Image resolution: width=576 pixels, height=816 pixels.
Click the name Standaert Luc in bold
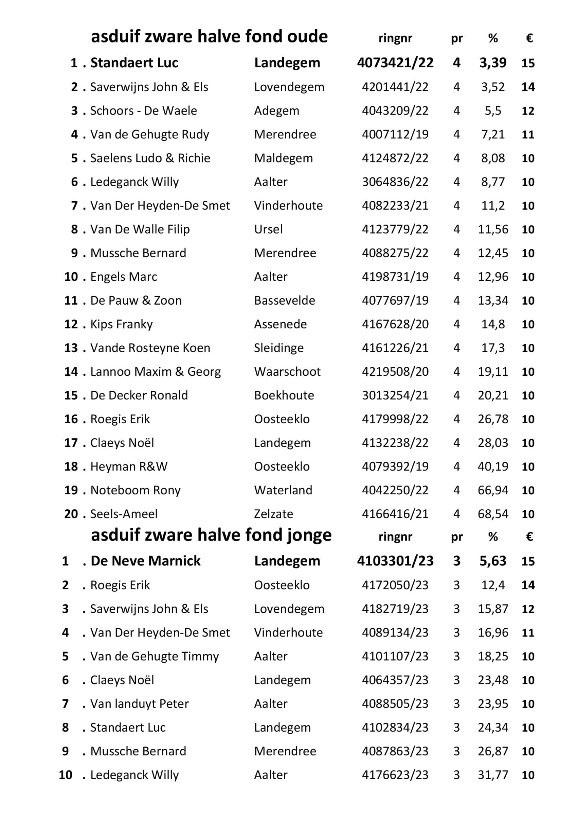click(134, 63)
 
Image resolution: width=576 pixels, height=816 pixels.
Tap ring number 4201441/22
click(395, 87)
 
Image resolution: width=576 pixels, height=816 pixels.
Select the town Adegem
click(276, 111)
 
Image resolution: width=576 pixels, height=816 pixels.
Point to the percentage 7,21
click(492, 134)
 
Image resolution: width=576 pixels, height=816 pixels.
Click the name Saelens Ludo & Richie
click(150, 158)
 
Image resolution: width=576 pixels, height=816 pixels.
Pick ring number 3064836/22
click(395, 182)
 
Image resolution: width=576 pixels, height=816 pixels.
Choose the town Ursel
click(268, 229)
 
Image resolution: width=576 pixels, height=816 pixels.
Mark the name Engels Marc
click(124, 277)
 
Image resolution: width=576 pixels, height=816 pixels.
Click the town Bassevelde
click(284, 301)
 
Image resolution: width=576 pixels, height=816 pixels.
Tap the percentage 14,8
click(492, 324)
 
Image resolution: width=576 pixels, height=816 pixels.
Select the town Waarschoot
click(287, 372)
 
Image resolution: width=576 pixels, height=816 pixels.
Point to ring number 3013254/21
click(395, 395)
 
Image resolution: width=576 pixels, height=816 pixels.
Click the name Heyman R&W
click(129, 466)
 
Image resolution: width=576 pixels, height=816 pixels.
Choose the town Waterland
click(283, 491)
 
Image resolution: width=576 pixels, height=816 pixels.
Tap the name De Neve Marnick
click(145, 561)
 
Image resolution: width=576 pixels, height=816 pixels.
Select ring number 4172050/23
click(395, 585)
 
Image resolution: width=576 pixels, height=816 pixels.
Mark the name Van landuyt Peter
click(140, 704)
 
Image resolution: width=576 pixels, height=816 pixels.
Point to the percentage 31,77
click(492, 775)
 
